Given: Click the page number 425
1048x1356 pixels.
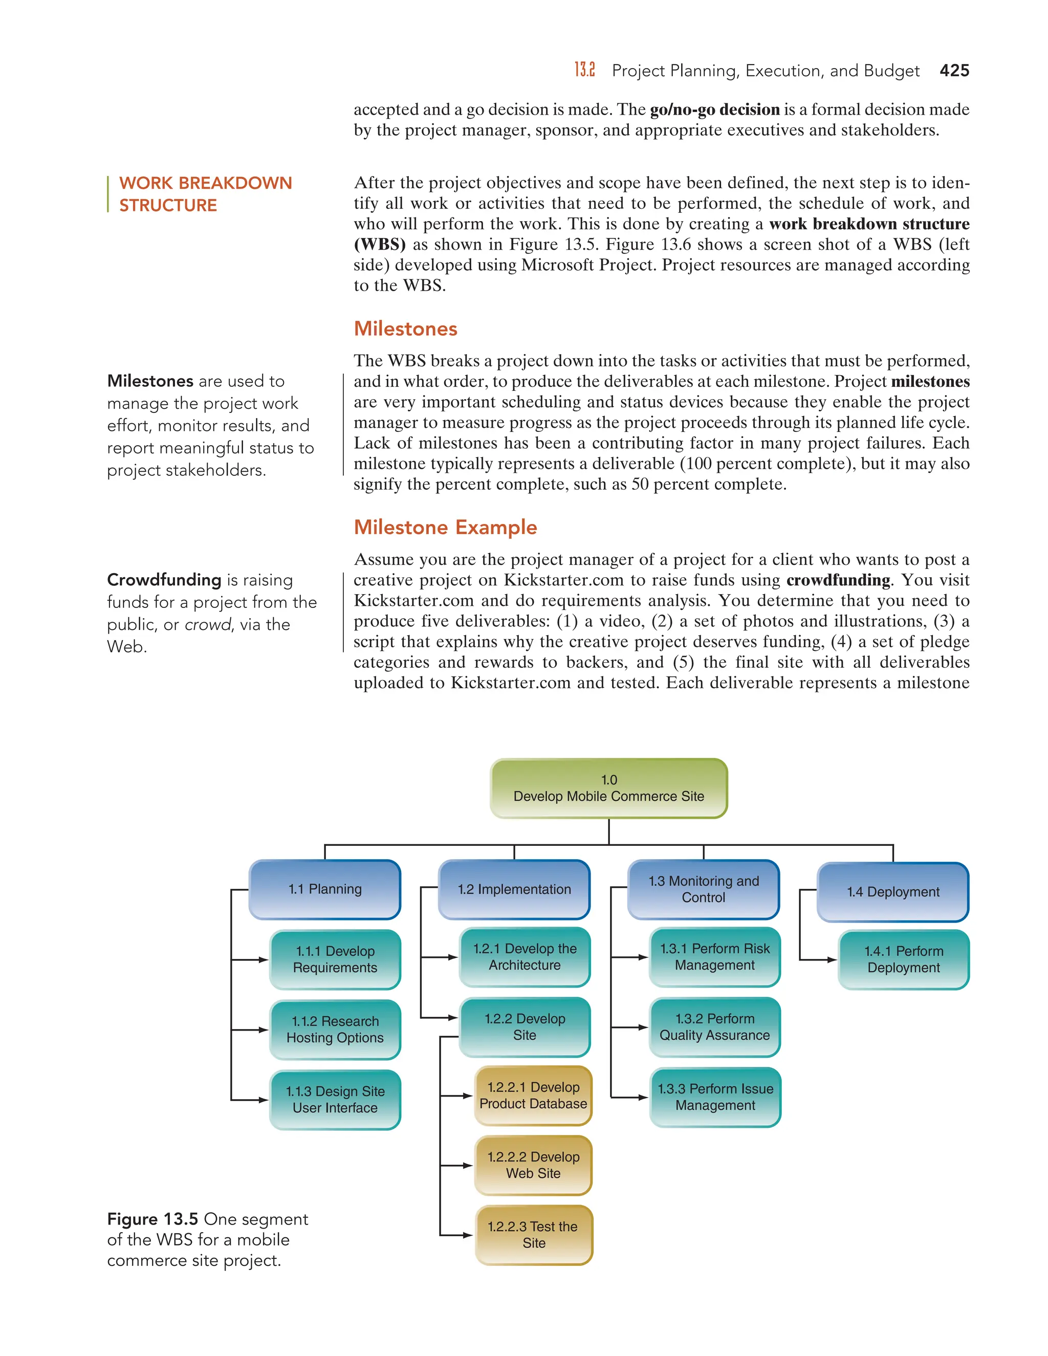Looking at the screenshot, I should (x=954, y=70).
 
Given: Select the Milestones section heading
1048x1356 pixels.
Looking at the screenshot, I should (x=405, y=329).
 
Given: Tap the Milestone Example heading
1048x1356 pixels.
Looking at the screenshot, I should (x=445, y=527).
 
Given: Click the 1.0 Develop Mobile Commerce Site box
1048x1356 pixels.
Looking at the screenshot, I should (x=608, y=788).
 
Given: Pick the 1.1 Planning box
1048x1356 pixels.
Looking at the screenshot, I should (x=325, y=889).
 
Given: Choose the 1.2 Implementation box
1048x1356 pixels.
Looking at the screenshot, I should (x=514, y=889).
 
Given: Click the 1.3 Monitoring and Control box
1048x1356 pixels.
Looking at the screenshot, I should (x=704, y=889).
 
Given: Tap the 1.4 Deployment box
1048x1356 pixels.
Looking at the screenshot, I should (x=893, y=891).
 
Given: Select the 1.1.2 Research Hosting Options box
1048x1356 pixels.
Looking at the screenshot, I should (x=335, y=1030).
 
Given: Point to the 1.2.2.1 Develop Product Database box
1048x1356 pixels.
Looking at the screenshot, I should (x=533, y=1095).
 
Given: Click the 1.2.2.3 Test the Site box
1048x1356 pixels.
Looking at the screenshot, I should (x=533, y=1235).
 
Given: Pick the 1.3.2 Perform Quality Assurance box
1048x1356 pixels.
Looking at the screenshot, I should (x=714, y=1027).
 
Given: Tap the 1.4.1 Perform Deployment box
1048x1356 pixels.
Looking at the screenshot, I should (x=903, y=959).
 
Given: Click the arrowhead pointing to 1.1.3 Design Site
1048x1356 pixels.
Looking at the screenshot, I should (x=263, y=1100).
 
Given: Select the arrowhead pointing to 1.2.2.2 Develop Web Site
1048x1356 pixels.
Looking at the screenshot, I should (x=468, y=1165).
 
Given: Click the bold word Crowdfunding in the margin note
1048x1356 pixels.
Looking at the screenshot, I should (x=164, y=579).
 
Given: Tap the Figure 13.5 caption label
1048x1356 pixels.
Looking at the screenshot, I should (x=152, y=1219).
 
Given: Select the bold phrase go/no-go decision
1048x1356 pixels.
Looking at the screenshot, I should (x=714, y=110).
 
